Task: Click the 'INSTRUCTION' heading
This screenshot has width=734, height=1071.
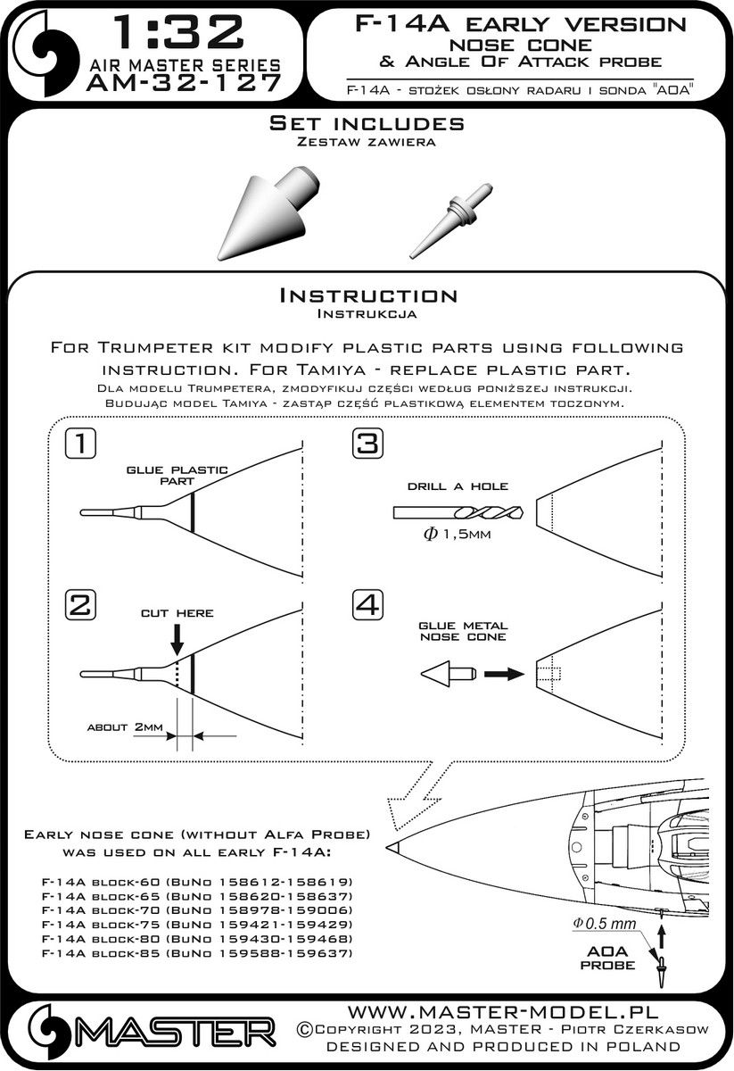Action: click(x=367, y=295)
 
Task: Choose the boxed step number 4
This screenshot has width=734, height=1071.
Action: click(x=367, y=606)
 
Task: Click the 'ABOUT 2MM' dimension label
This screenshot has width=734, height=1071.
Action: click(x=125, y=727)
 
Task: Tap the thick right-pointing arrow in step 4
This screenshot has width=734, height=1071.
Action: click(x=504, y=675)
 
